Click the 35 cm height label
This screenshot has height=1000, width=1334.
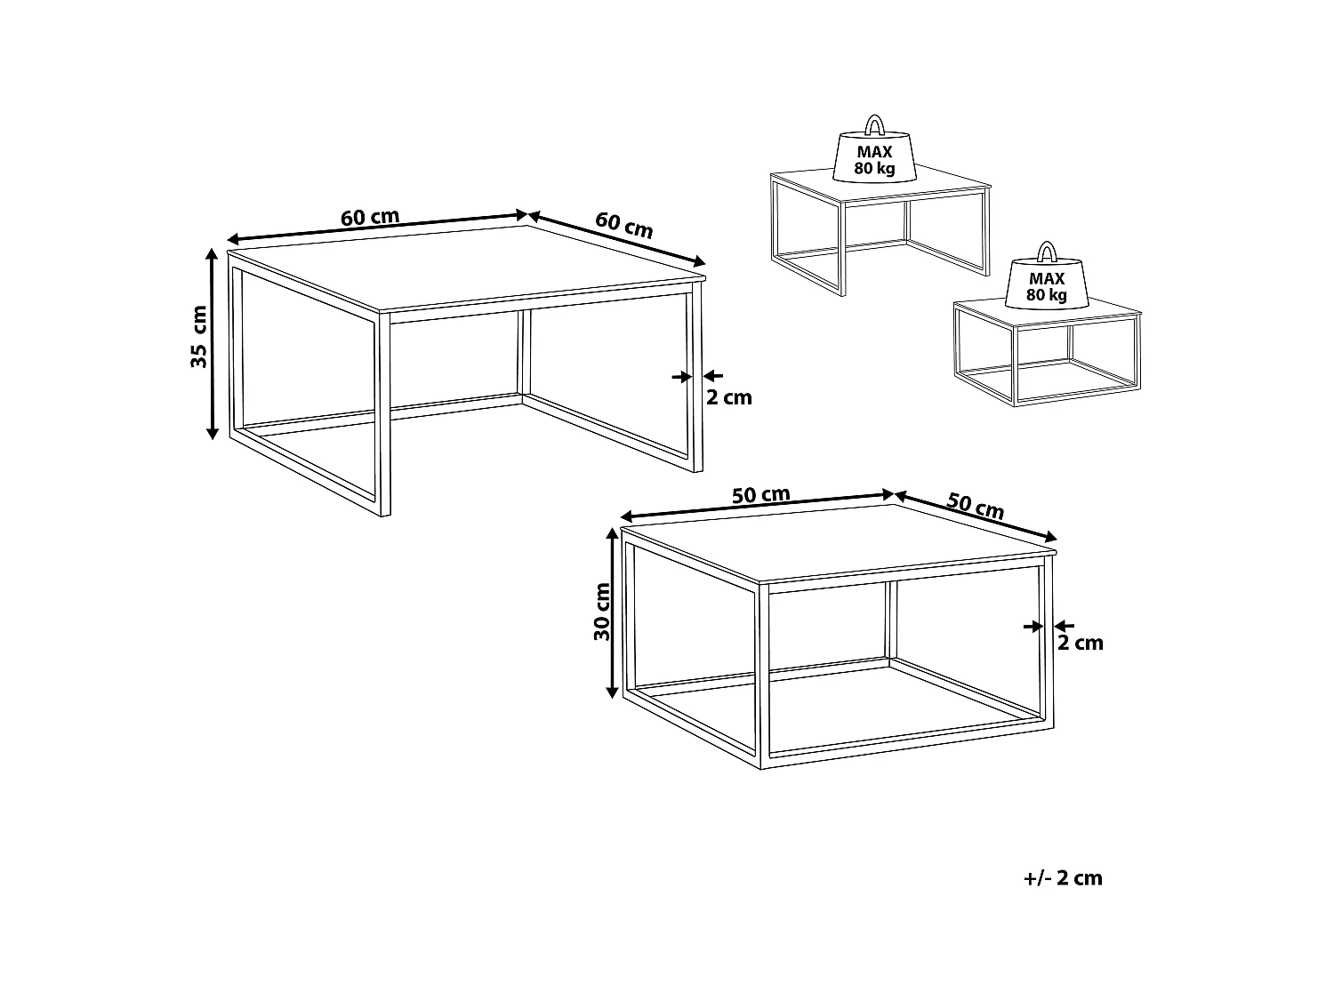[x=199, y=336]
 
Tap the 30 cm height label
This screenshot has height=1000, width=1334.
[x=602, y=612]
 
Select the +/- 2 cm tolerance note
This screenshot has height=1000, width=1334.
[x=1063, y=878]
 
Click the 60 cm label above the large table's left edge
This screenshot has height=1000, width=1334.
[x=369, y=218]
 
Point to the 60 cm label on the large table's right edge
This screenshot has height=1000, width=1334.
[x=623, y=225]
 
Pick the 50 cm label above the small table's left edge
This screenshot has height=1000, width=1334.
[x=760, y=495]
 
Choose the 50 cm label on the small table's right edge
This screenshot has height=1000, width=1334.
[x=975, y=506]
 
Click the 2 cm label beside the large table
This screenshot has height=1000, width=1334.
[x=728, y=397]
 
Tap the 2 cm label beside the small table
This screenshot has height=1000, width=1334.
[x=1080, y=643]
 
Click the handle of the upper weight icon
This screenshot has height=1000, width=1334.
[x=874, y=124]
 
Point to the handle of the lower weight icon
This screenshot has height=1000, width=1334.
[x=1047, y=251]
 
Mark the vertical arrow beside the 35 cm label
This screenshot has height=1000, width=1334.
[x=212, y=343]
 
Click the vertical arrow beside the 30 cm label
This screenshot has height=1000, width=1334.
[x=613, y=612]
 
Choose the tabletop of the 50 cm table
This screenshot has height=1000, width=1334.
[x=839, y=543]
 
